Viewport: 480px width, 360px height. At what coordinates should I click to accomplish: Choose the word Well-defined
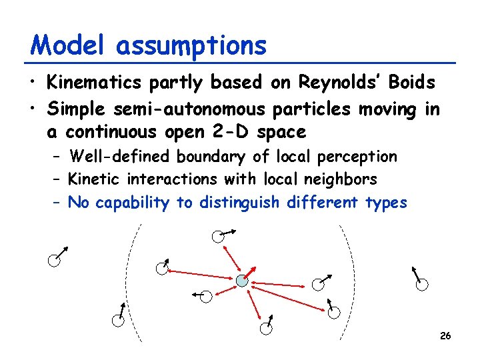tap(122, 157)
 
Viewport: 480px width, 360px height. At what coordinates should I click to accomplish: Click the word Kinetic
tap(95, 179)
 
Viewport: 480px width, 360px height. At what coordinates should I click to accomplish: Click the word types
tap(386, 203)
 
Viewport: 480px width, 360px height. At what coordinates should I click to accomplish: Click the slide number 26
tap(445, 335)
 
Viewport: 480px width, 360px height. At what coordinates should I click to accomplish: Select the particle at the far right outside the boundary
tap(421, 285)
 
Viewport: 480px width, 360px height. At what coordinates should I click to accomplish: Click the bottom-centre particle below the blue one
tap(265, 327)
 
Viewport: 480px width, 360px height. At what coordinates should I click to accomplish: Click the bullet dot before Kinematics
tap(33, 84)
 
